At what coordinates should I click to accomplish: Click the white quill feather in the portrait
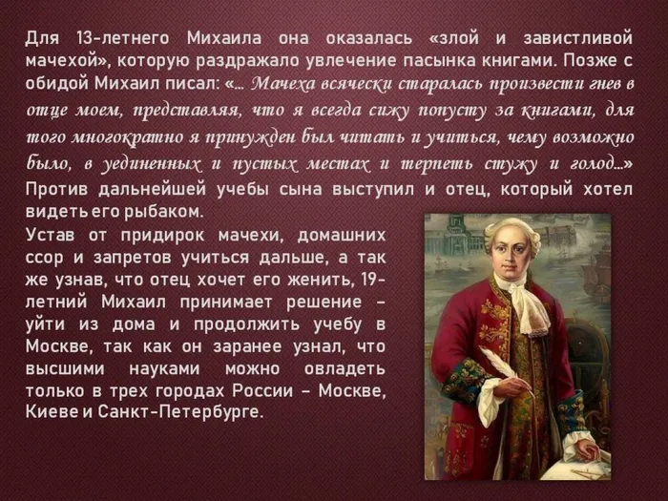pos(496,363)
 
